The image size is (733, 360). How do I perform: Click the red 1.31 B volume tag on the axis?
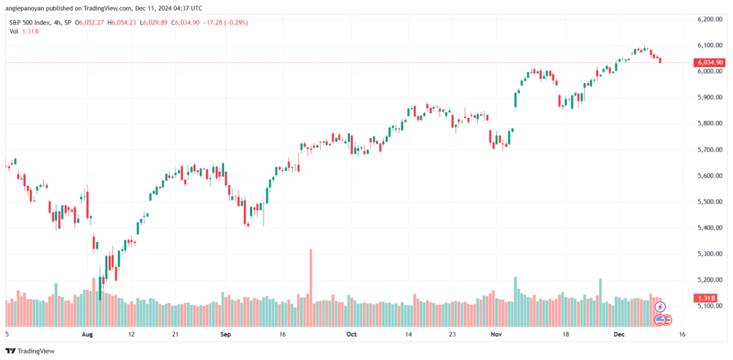707,298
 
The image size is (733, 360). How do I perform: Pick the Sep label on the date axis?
225,335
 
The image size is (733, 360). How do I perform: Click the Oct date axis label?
351,335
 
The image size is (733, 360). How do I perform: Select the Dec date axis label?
619,335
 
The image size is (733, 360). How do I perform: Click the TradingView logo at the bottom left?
30,351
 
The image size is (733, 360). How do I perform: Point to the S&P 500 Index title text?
30,22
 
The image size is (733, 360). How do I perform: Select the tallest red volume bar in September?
311,288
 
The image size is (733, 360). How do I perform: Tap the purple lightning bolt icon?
659,307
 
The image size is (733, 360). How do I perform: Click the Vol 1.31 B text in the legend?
23,31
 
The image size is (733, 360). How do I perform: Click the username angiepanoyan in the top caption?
24,8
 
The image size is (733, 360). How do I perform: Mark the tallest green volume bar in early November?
515,301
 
